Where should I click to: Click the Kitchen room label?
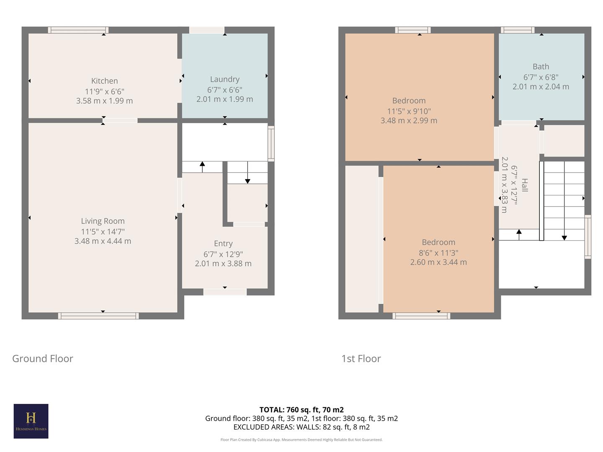click(x=104, y=81)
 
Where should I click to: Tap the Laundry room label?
click(x=224, y=79)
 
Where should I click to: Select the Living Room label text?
click(x=103, y=221)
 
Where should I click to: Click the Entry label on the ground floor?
click(x=223, y=244)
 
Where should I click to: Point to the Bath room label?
click(x=541, y=67)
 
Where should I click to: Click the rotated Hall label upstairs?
click(x=524, y=185)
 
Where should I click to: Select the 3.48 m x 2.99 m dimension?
click(x=409, y=121)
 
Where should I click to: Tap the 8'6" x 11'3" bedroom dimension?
click(x=438, y=253)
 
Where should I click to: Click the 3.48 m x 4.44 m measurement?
click(x=103, y=241)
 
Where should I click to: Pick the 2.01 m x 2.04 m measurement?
click(x=541, y=87)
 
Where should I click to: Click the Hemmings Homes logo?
click(x=31, y=421)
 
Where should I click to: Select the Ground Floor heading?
click(x=43, y=359)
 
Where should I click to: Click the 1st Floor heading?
click(x=361, y=359)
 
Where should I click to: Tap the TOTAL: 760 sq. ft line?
click(x=301, y=410)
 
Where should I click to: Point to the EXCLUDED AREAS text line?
click(x=301, y=427)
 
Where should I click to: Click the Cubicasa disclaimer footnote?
click(x=301, y=440)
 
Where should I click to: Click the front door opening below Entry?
click(x=225, y=292)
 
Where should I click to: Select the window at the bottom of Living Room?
click(x=98, y=316)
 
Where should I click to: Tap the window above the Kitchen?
click(x=78, y=30)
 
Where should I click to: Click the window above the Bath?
click(x=518, y=30)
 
